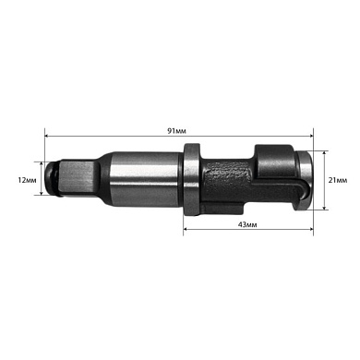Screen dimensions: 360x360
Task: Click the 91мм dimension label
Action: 176,132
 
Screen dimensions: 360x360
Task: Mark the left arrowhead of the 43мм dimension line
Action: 186,231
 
